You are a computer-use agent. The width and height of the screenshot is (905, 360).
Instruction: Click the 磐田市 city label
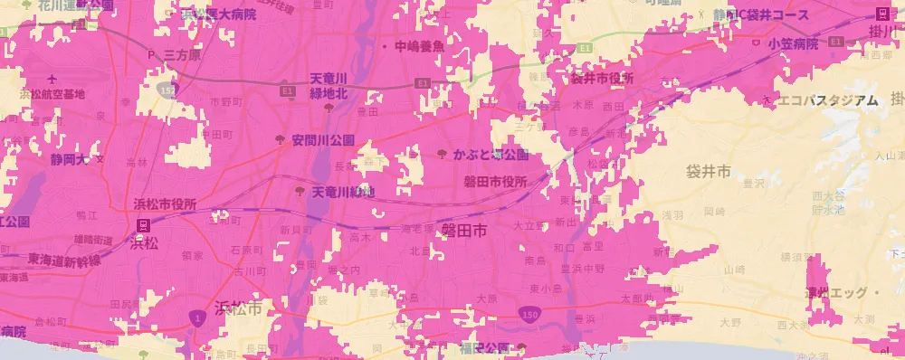tap(464, 231)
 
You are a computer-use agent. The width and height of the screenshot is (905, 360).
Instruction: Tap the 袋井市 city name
tap(701, 171)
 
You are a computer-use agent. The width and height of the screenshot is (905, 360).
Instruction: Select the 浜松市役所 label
tap(166, 204)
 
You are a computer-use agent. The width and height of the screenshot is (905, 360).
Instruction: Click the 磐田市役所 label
tap(495, 182)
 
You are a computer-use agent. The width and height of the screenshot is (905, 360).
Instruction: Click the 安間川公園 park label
tap(322, 140)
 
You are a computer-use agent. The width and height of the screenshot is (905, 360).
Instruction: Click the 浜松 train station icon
tap(143, 224)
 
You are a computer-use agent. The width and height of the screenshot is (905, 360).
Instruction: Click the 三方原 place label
tap(181, 55)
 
